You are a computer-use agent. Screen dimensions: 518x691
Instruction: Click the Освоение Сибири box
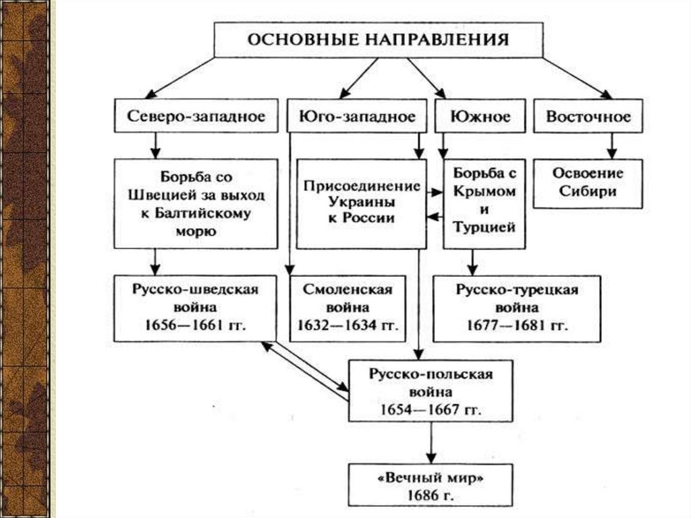tap(588, 182)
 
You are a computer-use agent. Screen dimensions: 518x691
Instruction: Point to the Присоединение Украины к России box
tap(361, 203)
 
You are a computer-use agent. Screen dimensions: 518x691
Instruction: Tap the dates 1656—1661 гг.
tap(196, 324)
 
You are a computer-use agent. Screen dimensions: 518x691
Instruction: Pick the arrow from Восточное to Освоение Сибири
tap(611, 144)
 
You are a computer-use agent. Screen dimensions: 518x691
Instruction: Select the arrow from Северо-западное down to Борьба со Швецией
tap(155, 144)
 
